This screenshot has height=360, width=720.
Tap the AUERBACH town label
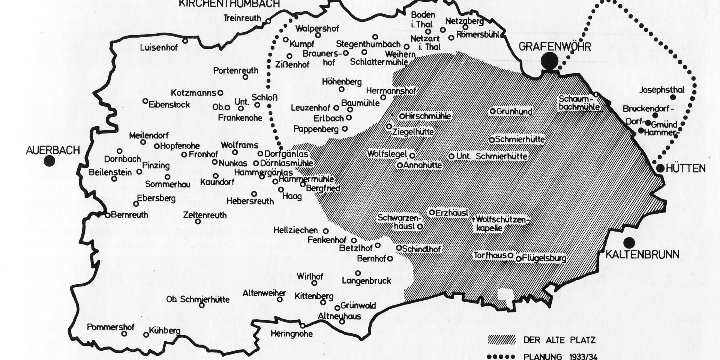[x=53, y=150]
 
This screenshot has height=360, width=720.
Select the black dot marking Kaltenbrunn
[x=630, y=243]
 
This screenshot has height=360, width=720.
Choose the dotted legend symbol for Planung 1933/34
[x=501, y=356]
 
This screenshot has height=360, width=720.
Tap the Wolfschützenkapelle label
[x=501, y=223]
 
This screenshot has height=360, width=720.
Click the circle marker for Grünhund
[x=493, y=111]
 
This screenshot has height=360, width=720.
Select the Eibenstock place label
[x=169, y=105]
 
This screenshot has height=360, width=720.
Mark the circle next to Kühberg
[x=146, y=334]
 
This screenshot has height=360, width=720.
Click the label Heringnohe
[x=291, y=333]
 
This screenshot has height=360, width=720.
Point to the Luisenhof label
[x=159, y=48]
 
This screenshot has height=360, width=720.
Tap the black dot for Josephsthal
[x=673, y=97]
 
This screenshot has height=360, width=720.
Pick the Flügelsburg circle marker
[x=519, y=258]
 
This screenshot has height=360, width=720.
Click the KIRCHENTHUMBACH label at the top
[x=229, y=4]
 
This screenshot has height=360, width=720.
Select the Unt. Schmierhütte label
[x=492, y=156]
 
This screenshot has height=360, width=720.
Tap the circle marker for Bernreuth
[x=108, y=215]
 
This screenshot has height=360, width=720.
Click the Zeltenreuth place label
[x=205, y=215]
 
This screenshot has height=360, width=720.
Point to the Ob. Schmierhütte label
[x=198, y=299]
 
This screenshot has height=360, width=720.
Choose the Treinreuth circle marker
[x=268, y=21]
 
